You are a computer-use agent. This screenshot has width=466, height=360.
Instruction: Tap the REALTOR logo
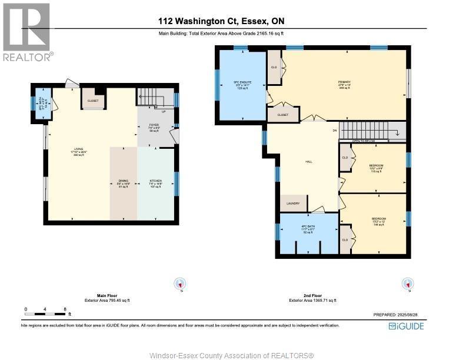(27, 32)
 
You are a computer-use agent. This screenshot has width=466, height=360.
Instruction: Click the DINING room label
(122, 183)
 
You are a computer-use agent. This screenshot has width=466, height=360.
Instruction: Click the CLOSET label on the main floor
(93, 101)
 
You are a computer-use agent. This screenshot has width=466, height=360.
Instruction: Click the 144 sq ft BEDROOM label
(378, 221)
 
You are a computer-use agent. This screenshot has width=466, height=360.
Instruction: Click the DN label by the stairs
(335, 130)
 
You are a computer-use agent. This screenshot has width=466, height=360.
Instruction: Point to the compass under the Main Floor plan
(180, 284)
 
